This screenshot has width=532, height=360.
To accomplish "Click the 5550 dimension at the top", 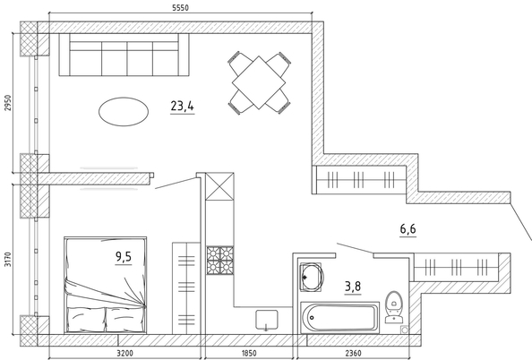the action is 180,7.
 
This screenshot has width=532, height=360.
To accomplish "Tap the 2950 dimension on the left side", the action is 7,102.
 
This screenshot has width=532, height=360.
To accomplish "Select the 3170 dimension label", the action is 7,259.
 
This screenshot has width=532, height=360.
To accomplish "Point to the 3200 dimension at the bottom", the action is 124,353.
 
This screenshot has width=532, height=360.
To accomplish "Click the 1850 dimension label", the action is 249,353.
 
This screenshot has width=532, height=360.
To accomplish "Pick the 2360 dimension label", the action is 353,353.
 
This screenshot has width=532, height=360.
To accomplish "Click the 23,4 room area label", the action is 182,107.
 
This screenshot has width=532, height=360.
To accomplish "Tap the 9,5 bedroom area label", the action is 124,256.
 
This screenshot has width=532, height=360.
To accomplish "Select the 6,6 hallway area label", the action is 408,229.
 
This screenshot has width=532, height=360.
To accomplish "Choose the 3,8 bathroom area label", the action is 353,287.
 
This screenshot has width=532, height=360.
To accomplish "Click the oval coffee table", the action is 124,112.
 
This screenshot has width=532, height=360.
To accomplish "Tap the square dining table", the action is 259,82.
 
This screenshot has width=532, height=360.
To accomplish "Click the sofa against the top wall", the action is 124,55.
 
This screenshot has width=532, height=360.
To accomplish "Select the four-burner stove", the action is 220,261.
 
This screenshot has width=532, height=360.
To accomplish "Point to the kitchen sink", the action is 267,320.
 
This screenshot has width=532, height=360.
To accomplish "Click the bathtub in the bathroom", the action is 340,317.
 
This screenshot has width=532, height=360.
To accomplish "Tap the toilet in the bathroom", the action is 394,307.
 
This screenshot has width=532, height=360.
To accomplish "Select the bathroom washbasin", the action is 311,277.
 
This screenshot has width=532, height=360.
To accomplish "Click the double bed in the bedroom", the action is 105,285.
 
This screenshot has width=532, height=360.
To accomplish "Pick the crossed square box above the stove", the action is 219,186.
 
